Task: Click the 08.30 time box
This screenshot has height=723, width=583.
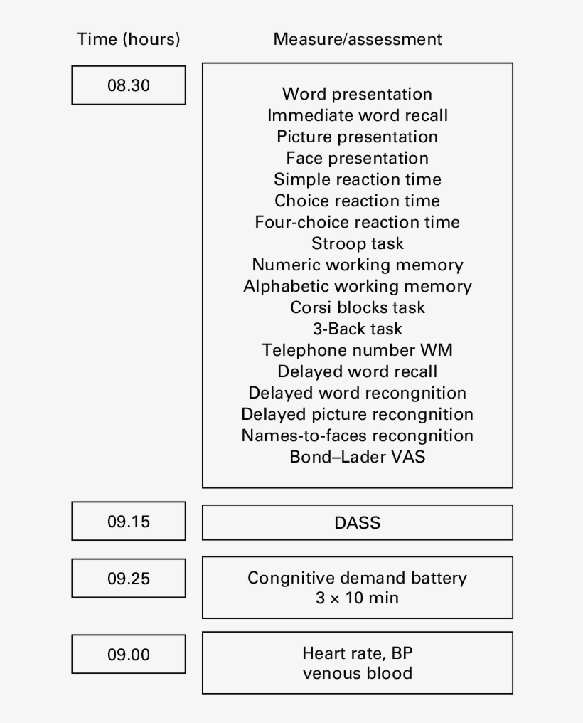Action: [x=129, y=85]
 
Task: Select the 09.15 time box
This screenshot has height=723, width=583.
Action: [x=129, y=521]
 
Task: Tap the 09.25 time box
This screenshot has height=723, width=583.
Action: [x=129, y=579]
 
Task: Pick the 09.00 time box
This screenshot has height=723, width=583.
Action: [x=129, y=654]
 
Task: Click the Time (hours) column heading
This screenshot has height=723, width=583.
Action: [x=129, y=39]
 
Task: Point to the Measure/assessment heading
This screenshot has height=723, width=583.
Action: [x=358, y=39]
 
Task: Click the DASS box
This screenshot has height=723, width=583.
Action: [x=358, y=522]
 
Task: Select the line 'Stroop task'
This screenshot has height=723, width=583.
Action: [x=358, y=243]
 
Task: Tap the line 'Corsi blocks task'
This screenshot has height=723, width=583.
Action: [x=358, y=307]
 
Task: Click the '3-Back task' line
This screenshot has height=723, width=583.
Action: [x=358, y=329]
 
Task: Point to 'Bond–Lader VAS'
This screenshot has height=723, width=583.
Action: [x=358, y=456]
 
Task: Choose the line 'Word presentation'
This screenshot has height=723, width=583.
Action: [x=358, y=94]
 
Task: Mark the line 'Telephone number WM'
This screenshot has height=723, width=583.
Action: [x=358, y=350]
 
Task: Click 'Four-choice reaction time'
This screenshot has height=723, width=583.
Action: [x=358, y=222]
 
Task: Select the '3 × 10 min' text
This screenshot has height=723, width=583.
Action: [x=358, y=598]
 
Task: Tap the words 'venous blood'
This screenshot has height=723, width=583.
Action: [x=358, y=673]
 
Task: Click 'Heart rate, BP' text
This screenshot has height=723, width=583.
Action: [x=358, y=653]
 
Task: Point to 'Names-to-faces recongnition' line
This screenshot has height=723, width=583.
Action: [x=358, y=436]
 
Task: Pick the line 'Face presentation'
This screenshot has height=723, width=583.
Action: [x=358, y=158]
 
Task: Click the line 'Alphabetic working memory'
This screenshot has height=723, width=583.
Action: [x=358, y=286]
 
